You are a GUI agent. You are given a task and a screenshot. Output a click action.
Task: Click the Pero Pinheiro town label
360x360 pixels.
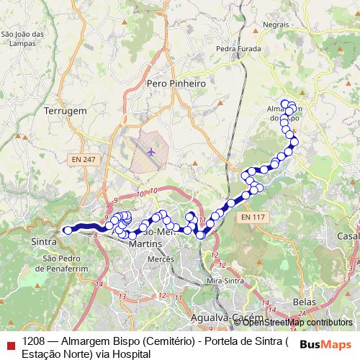[176, 84]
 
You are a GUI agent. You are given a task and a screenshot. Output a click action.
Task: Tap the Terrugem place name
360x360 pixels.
[65, 112]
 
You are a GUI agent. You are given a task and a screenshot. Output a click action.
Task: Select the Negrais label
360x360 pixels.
[276, 24]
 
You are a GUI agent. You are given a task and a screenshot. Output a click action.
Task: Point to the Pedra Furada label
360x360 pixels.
[236, 50]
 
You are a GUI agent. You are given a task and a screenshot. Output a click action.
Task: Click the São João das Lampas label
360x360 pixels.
[22, 38]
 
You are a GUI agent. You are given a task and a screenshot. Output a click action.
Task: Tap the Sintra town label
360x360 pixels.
[45, 243]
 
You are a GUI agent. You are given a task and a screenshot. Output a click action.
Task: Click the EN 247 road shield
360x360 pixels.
[83, 158]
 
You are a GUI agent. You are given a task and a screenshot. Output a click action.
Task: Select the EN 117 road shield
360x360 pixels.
[253, 217]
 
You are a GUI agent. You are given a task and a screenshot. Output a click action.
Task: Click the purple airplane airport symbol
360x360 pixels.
[151, 152]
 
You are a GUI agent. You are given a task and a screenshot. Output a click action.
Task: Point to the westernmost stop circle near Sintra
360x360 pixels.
[67, 230]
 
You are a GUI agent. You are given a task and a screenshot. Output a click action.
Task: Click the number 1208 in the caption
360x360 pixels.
[35, 341]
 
